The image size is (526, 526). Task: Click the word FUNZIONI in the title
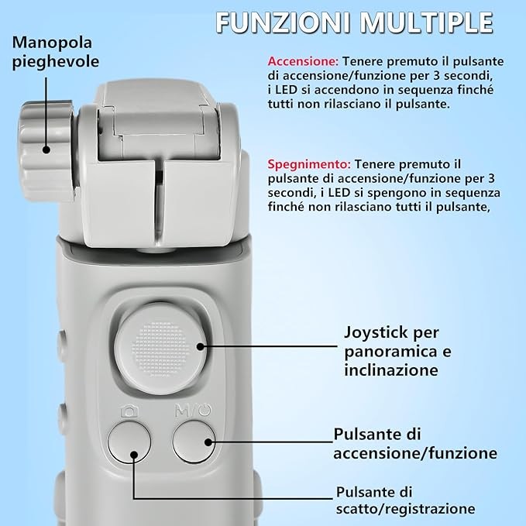click(x=283, y=22)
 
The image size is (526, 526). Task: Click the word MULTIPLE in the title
click(x=427, y=22)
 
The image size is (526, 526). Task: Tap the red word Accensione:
click(x=303, y=61)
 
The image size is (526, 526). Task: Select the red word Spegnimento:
click(x=309, y=164)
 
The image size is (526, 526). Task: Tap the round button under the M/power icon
click(x=194, y=442)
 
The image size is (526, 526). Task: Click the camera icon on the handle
click(x=129, y=411)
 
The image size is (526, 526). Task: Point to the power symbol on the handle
click(x=205, y=410)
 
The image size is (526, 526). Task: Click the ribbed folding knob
click(x=47, y=151)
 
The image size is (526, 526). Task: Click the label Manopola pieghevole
click(x=55, y=52)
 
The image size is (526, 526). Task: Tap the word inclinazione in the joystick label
click(x=391, y=370)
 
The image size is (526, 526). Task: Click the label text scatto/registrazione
click(x=406, y=508)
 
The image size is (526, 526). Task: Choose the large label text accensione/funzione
click(x=415, y=453)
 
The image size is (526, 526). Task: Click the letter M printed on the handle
click(x=182, y=411)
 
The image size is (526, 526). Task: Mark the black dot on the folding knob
click(x=46, y=150)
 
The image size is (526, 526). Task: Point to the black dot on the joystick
click(x=201, y=346)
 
